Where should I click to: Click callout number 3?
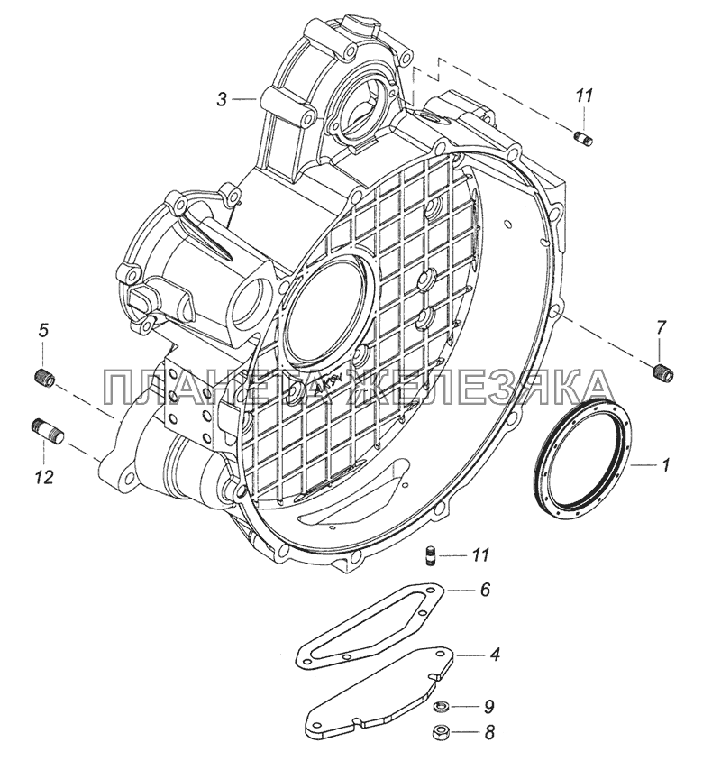[222, 100]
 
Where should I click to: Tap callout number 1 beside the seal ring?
[665, 464]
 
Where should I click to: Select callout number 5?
[44, 329]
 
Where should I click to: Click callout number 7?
[661, 328]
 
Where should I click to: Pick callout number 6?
[485, 590]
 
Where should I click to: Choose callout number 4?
[494, 655]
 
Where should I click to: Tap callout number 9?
[489, 705]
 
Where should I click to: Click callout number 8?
[489, 732]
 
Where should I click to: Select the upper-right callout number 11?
[584, 96]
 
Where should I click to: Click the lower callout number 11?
[481, 554]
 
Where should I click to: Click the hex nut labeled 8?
[438, 731]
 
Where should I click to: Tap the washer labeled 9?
[438, 705]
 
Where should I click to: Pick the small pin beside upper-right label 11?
[584, 137]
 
